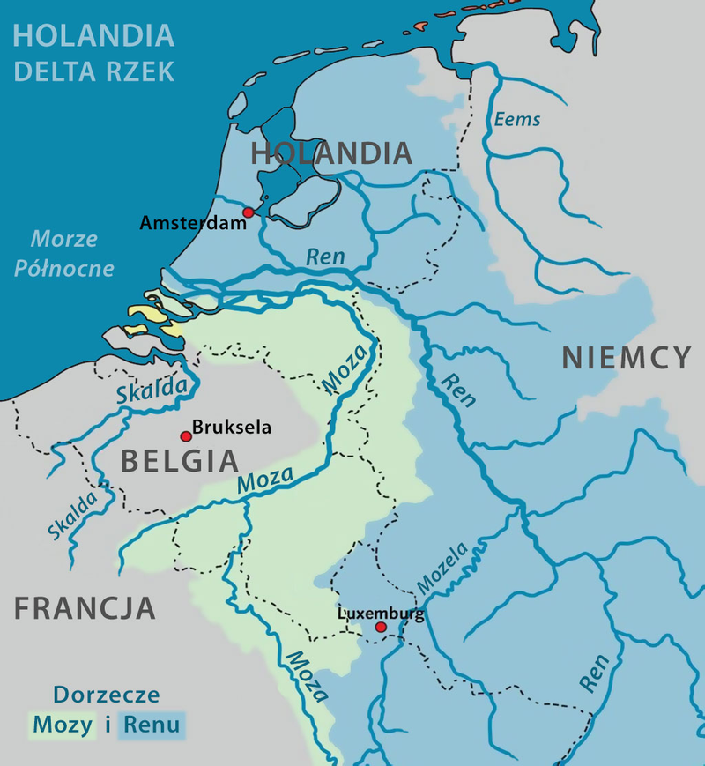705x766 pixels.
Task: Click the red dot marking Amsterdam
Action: point(249,212)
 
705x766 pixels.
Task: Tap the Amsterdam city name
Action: point(192,224)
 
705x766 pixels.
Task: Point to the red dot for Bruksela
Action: point(186,436)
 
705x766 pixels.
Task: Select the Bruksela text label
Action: point(232,429)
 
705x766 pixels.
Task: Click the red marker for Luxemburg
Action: point(381,628)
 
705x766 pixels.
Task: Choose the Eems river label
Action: point(517,119)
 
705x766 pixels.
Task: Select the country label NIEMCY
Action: point(627,358)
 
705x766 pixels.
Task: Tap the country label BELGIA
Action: point(179,461)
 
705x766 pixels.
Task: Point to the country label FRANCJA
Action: point(85,607)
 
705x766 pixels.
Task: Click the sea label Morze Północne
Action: point(64,253)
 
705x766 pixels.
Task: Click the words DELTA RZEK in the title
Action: point(93,71)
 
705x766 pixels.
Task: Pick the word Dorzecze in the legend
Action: point(106,695)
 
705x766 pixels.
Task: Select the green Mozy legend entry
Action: point(62,725)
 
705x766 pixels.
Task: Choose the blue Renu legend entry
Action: point(152,725)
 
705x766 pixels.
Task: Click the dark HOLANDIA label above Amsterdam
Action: point(331,153)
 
